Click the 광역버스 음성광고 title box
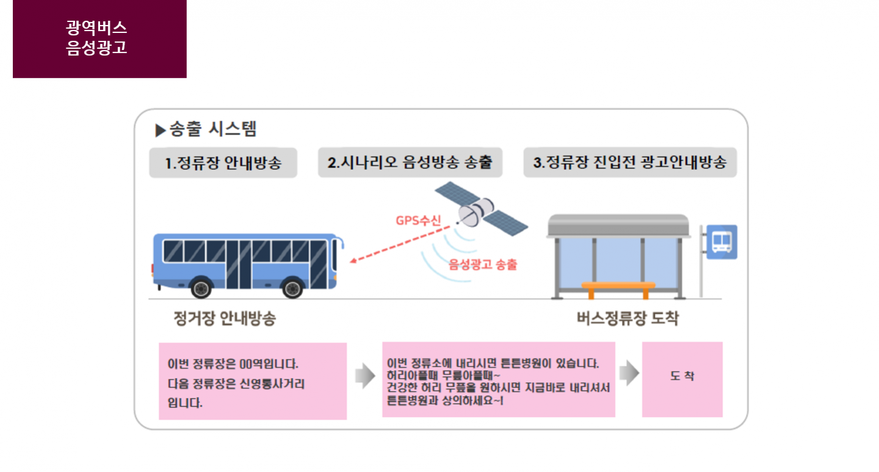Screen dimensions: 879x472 pyautogui.click(x=99, y=38)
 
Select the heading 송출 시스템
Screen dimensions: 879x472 pyautogui.click(x=212, y=129)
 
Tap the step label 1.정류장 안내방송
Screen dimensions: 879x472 pyautogui.click(x=223, y=162)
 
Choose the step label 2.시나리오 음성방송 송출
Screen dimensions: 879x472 pyautogui.click(x=410, y=162)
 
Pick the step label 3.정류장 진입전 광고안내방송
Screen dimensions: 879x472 pyautogui.click(x=630, y=162)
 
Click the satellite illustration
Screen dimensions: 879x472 pyautogui.click(x=482, y=208)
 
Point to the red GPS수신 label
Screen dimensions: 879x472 pyautogui.click(x=418, y=220)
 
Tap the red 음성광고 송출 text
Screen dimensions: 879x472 pyautogui.click(x=483, y=264)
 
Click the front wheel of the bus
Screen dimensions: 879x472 pyautogui.click(x=292, y=289)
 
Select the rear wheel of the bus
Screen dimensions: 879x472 pyautogui.click(x=201, y=289)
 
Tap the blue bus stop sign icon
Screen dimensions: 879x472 pyautogui.click(x=722, y=242)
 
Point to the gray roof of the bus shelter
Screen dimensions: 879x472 pyautogui.click(x=618, y=226)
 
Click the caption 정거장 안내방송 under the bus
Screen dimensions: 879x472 pyautogui.click(x=225, y=318)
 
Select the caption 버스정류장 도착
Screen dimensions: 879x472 pyautogui.click(x=628, y=318)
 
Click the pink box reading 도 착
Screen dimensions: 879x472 pyautogui.click(x=682, y=379)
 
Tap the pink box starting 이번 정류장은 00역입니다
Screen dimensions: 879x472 pyautogui.click(x=253, y=381)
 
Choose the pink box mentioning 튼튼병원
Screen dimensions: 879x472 pyautogui.click(x=498, y=379)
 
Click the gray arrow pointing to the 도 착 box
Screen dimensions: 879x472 pyautogui.click(x=629, y=373)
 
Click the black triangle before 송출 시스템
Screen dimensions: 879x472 pyautogui.click(x=160, y=131)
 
